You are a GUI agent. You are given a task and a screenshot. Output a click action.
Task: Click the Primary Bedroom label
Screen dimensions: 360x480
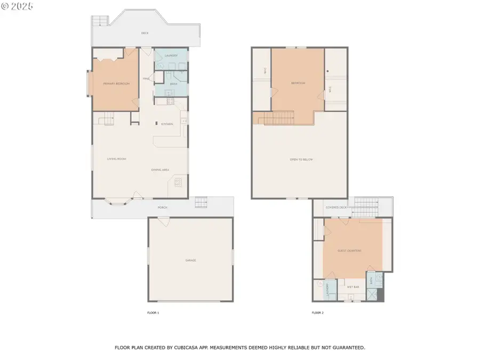pyautogui.click(x=116, y=84)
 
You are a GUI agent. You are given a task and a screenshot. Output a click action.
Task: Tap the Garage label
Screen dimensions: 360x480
pyautogui.click(x=191, y=260)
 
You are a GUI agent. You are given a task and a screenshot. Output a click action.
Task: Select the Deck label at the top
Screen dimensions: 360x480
pyautogui.click(x=145, y=33)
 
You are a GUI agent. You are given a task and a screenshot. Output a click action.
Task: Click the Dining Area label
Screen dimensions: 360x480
pyautogui.click(x=160, y=170)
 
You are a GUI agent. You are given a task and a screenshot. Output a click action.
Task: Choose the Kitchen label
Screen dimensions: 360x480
pyautogui.click(x=167, y=124)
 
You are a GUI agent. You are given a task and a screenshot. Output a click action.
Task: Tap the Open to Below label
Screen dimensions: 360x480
pyautogui.click(x=301, y=159)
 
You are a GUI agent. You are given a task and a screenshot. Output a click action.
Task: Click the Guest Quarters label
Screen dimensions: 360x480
pyautogui.click(x=350, y=251)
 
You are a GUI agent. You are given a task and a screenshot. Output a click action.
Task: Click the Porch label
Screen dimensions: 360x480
pyautogui.click(x=162, y=207)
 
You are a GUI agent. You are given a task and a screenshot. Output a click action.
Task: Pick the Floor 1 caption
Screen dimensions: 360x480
pyautogui.click(x=153, y=313)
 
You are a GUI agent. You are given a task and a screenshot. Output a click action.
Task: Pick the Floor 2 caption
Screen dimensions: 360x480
pyautogui.click(x=318, y=313)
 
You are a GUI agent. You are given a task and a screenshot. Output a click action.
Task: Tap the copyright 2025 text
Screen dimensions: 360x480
pyautogui.click(x=17, y=6)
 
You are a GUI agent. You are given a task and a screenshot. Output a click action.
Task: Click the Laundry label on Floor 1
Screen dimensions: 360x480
pyautogui.click(x=171, y=55)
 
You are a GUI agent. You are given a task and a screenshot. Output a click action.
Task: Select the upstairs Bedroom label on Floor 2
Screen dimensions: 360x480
pyautogui.click(x=298, y=83)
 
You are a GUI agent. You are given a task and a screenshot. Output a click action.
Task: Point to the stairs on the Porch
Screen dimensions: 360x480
pyautogui.click(x=201, y=202)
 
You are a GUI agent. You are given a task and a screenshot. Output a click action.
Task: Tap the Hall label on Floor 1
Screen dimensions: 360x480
pyautogui.click(x=146, y=79)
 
